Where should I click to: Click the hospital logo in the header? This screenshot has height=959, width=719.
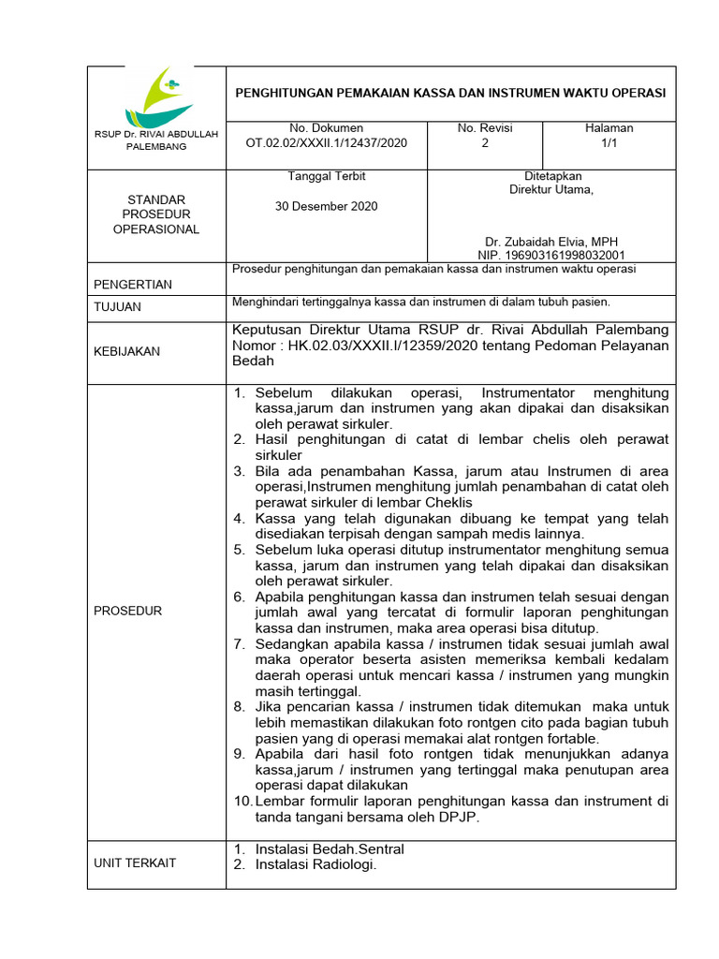(x=156, y=96)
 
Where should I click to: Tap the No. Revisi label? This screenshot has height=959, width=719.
(x=484, y=128)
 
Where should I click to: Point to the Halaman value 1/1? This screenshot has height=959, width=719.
(x=609, y=144)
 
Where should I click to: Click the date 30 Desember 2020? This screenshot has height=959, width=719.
(x=327, y=206)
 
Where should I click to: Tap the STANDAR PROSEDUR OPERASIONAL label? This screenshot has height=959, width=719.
(x=156, y=214)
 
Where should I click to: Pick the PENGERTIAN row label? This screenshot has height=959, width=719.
(x=133, y=285)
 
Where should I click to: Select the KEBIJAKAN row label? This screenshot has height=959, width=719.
(x=126, y=351)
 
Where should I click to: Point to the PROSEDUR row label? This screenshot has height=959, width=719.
(x=128, y=611)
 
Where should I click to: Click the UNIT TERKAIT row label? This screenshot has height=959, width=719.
(x=135, y=863)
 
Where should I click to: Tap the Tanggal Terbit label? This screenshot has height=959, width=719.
(x=327, y=176)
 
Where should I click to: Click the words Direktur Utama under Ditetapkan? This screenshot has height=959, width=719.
(x=550, y=189)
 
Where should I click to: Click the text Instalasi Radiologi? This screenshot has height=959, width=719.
(x=315, y=864)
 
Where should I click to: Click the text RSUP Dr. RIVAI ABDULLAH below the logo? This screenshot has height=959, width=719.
(x=156, y=134)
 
